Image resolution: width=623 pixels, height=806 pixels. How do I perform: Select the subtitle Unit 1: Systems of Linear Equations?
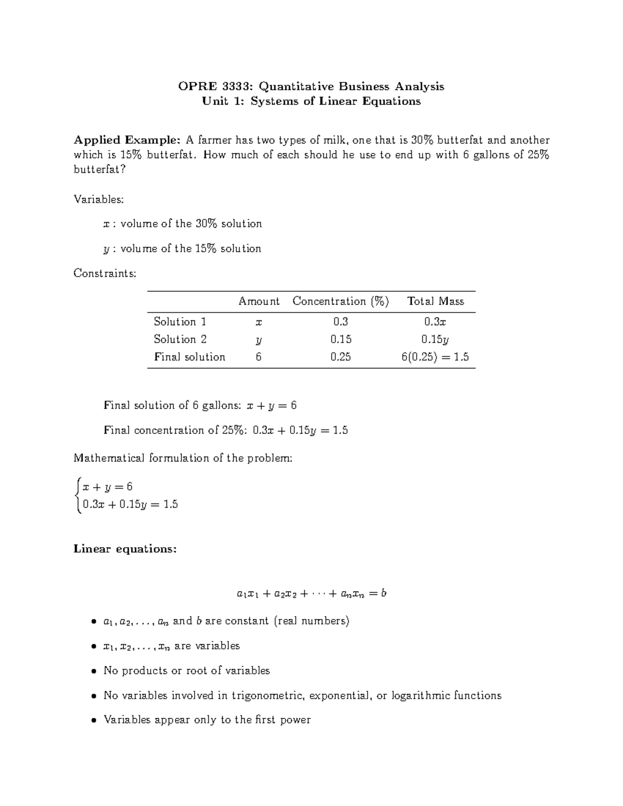[x=311, y=101]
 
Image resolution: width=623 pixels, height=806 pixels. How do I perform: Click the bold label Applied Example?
[x=127, y=140]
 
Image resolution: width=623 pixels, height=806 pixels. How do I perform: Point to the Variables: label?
[x=99, y=199]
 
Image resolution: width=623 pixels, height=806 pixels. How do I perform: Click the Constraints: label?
[x=105, y=273]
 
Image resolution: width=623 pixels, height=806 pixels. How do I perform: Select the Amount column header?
[x=259, y=302]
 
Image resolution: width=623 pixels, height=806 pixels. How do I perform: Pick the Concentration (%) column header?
[x=341, y=302]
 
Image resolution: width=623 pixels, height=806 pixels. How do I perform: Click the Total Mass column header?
[x=435, y=302]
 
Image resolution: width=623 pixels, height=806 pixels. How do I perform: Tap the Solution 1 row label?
[x=180, y=322]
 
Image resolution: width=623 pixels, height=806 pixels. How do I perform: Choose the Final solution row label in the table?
[x=189, y=357]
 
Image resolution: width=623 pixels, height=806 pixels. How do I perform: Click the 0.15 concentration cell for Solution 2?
[x=341, y=339]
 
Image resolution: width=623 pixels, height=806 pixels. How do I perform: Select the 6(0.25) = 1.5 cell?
[x=435, y=357]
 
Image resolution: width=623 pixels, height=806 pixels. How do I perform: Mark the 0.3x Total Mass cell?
[x=435, y=322]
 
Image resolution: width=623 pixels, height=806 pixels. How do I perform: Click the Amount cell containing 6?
[x=259, y=357]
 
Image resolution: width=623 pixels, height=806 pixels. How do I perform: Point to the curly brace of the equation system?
[x=78, y=495]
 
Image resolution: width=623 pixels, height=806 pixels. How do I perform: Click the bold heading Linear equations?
[x=125, y=549]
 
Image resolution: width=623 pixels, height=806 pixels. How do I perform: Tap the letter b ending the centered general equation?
[x=383, y=593]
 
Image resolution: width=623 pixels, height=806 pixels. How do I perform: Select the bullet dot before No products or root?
[x=93, y=671]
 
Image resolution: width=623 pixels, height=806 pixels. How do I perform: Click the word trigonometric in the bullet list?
[x=269, y=695]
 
